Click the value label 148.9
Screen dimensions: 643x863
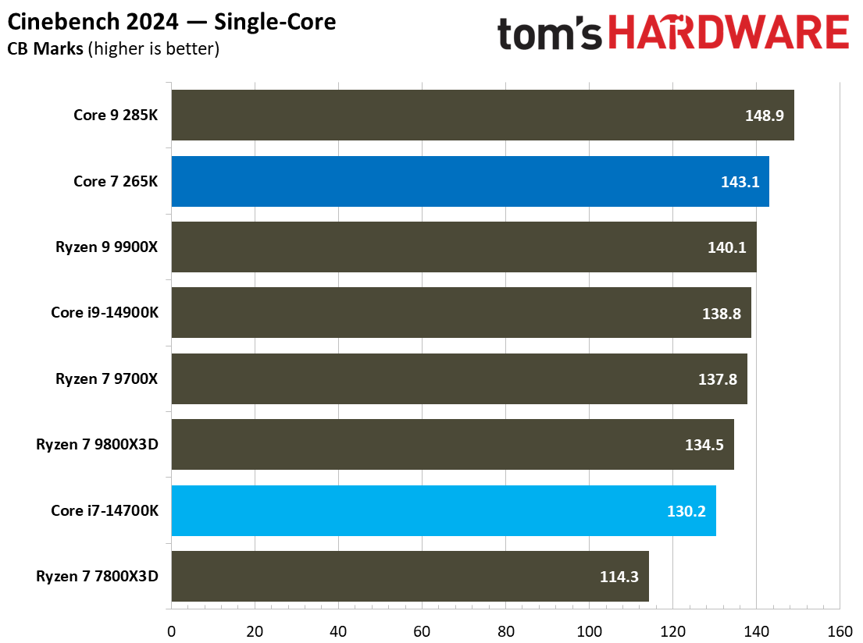pos(765,115)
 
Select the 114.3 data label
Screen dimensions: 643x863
pos(619,577)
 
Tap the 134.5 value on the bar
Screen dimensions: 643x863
pos(704,445)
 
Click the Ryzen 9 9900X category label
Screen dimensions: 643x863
pos(107,247)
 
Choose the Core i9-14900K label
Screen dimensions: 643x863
pos(105,313)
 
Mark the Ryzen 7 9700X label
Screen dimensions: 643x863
pos(107,378)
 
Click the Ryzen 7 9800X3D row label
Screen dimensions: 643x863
pos(98,445)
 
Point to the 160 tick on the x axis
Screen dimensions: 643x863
pos(839,631)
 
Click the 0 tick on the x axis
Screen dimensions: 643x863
pos(170,631)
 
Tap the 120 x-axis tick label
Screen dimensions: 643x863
pos(672,631)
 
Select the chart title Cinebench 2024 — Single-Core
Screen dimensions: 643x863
pos(172,22)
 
